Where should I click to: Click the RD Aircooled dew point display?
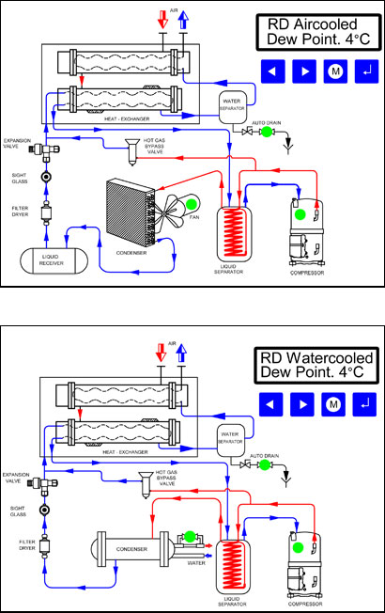[x=316, y=35]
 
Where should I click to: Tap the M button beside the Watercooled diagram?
[x=332, y=404]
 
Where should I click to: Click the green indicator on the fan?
[x=192, y=205]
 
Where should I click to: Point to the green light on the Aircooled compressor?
[x=300, y=214]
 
